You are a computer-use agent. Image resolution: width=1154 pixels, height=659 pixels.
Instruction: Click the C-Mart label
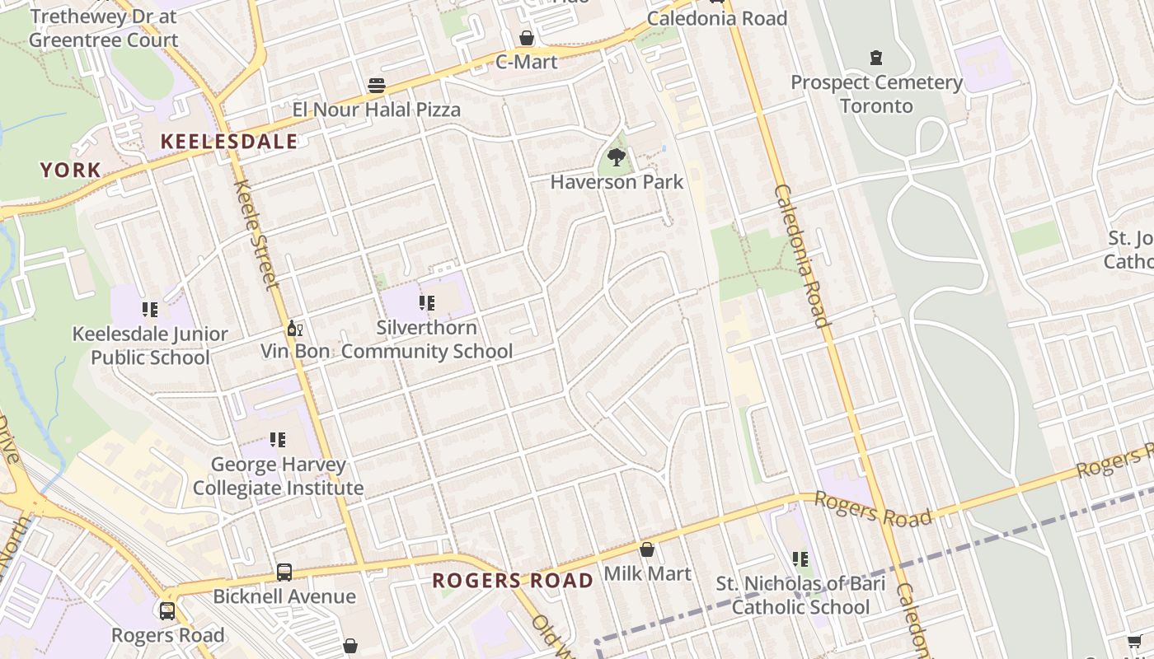tap(526, 62)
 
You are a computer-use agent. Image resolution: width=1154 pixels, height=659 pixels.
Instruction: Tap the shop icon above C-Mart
tap(526, 38)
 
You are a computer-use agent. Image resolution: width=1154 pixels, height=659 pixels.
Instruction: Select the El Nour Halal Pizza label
tap(377, 110)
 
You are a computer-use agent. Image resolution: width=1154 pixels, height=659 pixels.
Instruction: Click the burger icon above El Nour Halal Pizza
tap(377, 86)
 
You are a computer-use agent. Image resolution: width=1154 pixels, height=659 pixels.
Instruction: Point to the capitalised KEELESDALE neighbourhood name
tap(228, 142)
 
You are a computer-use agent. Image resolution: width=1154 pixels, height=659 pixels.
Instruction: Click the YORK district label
tap(71, 171)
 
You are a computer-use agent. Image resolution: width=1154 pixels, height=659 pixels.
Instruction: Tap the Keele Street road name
tap(256, 235)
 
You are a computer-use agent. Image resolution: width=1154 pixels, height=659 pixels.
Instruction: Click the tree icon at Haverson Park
tap(616, 157)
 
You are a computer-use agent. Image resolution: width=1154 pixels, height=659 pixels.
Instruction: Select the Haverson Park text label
tap(617, 182)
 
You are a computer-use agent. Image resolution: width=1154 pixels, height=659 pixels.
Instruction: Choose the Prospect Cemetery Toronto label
tap(876, 94)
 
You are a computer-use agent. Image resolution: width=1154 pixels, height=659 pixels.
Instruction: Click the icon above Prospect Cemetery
tap(876, 58)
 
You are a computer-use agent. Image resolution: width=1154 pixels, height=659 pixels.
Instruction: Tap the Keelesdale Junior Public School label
tap(150, 345)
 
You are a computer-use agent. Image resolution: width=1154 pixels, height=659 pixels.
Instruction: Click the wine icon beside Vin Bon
tap(294, 328)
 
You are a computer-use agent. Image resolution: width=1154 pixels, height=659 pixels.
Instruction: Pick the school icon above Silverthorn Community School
tap(426, 303)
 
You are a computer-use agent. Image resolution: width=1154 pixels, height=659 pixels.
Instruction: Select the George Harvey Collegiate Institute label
tap(278, 476)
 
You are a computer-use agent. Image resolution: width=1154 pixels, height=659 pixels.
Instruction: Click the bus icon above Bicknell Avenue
tap(284, 572)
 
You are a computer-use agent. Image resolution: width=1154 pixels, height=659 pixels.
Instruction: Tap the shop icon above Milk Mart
tap(647, 549)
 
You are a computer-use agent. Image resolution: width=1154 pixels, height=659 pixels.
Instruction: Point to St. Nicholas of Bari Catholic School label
tap(800, 596)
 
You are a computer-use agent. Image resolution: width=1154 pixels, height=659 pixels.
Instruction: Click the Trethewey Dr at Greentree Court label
tap(104, 28)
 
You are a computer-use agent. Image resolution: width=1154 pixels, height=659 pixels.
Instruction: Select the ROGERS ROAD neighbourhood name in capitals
tap(513, 581)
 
